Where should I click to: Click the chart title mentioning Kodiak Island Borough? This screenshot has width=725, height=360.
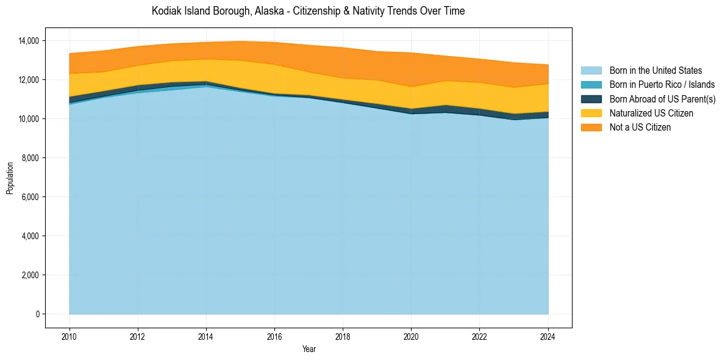[308, 11]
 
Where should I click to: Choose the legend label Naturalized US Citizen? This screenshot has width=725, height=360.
[651, 113]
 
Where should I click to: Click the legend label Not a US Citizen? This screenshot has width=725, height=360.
[640, 127]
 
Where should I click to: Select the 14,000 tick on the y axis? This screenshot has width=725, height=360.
[28, 41]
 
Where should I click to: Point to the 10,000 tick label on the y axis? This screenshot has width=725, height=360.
[28, 119]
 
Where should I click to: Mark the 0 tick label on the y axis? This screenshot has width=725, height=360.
[37, 314]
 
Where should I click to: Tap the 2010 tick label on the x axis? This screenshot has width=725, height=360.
[70, 336]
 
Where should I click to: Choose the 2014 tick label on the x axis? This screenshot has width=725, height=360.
[206, 336]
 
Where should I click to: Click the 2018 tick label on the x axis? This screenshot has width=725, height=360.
[343, 336]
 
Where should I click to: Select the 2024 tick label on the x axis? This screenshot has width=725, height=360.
[548, 336]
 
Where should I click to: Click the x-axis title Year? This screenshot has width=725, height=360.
[309, 349]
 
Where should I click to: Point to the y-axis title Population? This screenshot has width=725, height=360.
[10, 178]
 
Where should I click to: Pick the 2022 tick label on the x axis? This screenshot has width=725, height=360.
[480, 336]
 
